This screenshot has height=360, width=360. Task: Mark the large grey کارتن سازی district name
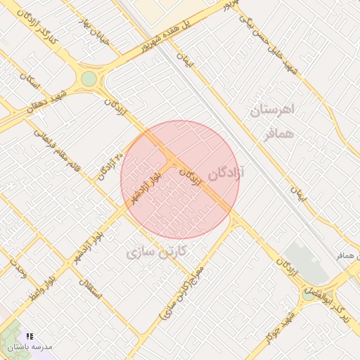click(155, 251)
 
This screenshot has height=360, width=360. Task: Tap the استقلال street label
click(91, 288)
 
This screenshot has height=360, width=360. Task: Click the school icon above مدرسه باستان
click(30, 337)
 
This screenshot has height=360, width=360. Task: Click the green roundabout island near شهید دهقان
click(89, 79)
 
